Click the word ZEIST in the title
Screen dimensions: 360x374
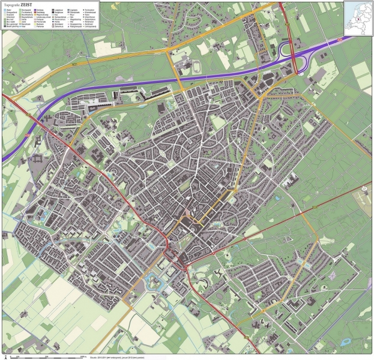(26, 5)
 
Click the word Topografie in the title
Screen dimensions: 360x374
(11, 5)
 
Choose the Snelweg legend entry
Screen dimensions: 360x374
(39, 10)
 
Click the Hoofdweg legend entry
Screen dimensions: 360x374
(40, 13)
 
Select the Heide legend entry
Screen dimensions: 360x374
(24, 19)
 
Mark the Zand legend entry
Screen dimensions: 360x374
(23, 22)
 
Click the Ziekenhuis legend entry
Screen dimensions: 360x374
(57, 26)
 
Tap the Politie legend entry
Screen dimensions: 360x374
(56, 22)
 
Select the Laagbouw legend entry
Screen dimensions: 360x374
(57, 10)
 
